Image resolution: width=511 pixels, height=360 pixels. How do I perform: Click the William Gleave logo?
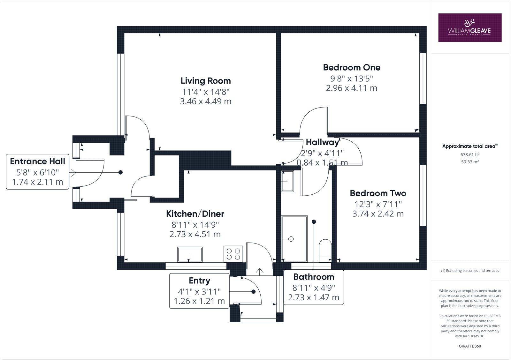(469, 27)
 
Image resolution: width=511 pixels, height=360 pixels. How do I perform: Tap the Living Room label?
(206, 81)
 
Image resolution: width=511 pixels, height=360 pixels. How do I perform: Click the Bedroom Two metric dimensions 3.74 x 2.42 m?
(378, 214)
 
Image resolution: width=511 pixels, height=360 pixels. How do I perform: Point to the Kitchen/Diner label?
(195, 214)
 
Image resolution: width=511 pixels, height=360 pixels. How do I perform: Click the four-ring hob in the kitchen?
(233, 254)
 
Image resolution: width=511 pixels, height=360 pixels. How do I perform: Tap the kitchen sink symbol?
(190, 254)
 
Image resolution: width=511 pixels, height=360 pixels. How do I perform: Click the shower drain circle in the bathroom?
(291, 239)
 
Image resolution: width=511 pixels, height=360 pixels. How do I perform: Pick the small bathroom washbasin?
(287, 181)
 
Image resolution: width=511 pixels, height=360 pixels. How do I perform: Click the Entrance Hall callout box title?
(37, 161)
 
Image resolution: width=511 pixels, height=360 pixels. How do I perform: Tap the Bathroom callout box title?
(314, 277)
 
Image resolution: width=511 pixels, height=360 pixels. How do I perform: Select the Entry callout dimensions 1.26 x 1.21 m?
(199, 301)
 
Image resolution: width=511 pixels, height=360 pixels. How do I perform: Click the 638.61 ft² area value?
(470, 154)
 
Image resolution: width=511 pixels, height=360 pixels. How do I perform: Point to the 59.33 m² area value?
(470, 161)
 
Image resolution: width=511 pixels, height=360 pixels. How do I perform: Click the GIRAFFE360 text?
(470, 346)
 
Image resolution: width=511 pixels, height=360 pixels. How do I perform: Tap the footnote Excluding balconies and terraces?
(470, 271)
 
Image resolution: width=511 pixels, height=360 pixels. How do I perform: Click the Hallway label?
(322, 142)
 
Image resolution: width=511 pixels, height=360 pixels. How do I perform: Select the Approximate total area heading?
(469, 146)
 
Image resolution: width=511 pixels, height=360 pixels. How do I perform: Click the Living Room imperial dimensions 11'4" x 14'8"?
(206, 92)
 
